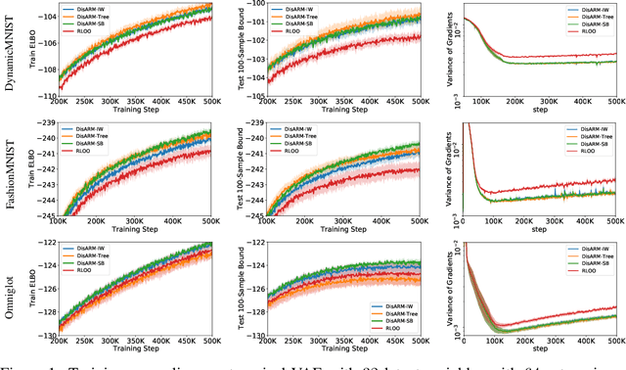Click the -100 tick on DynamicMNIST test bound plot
tap(253, 5)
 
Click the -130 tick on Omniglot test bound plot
tap(253, 335)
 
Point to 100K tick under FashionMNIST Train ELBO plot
tap(60, 224)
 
